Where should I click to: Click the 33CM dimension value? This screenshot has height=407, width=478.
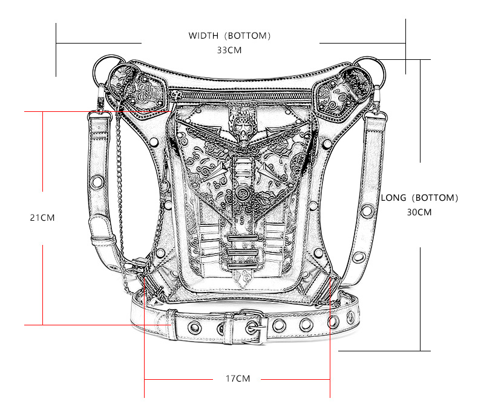click(229, 50)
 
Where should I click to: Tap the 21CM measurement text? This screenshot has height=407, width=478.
click(42, 218)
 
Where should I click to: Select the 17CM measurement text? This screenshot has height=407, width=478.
click(238, 379)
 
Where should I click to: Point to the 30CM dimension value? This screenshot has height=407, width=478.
click(419, 212)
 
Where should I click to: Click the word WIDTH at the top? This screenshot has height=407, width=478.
click(203, 36)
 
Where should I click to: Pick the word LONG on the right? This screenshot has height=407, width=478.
click(393, 198)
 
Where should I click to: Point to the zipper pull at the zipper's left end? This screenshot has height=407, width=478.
click(174, 97)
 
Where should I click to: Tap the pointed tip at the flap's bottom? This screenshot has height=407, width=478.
click(243, 288)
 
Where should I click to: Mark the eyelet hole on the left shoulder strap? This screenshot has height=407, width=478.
click(97, 181)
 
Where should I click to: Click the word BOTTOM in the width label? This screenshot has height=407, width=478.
click(247, 36)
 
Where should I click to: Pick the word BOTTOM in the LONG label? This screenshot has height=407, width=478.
click(435, 198)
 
